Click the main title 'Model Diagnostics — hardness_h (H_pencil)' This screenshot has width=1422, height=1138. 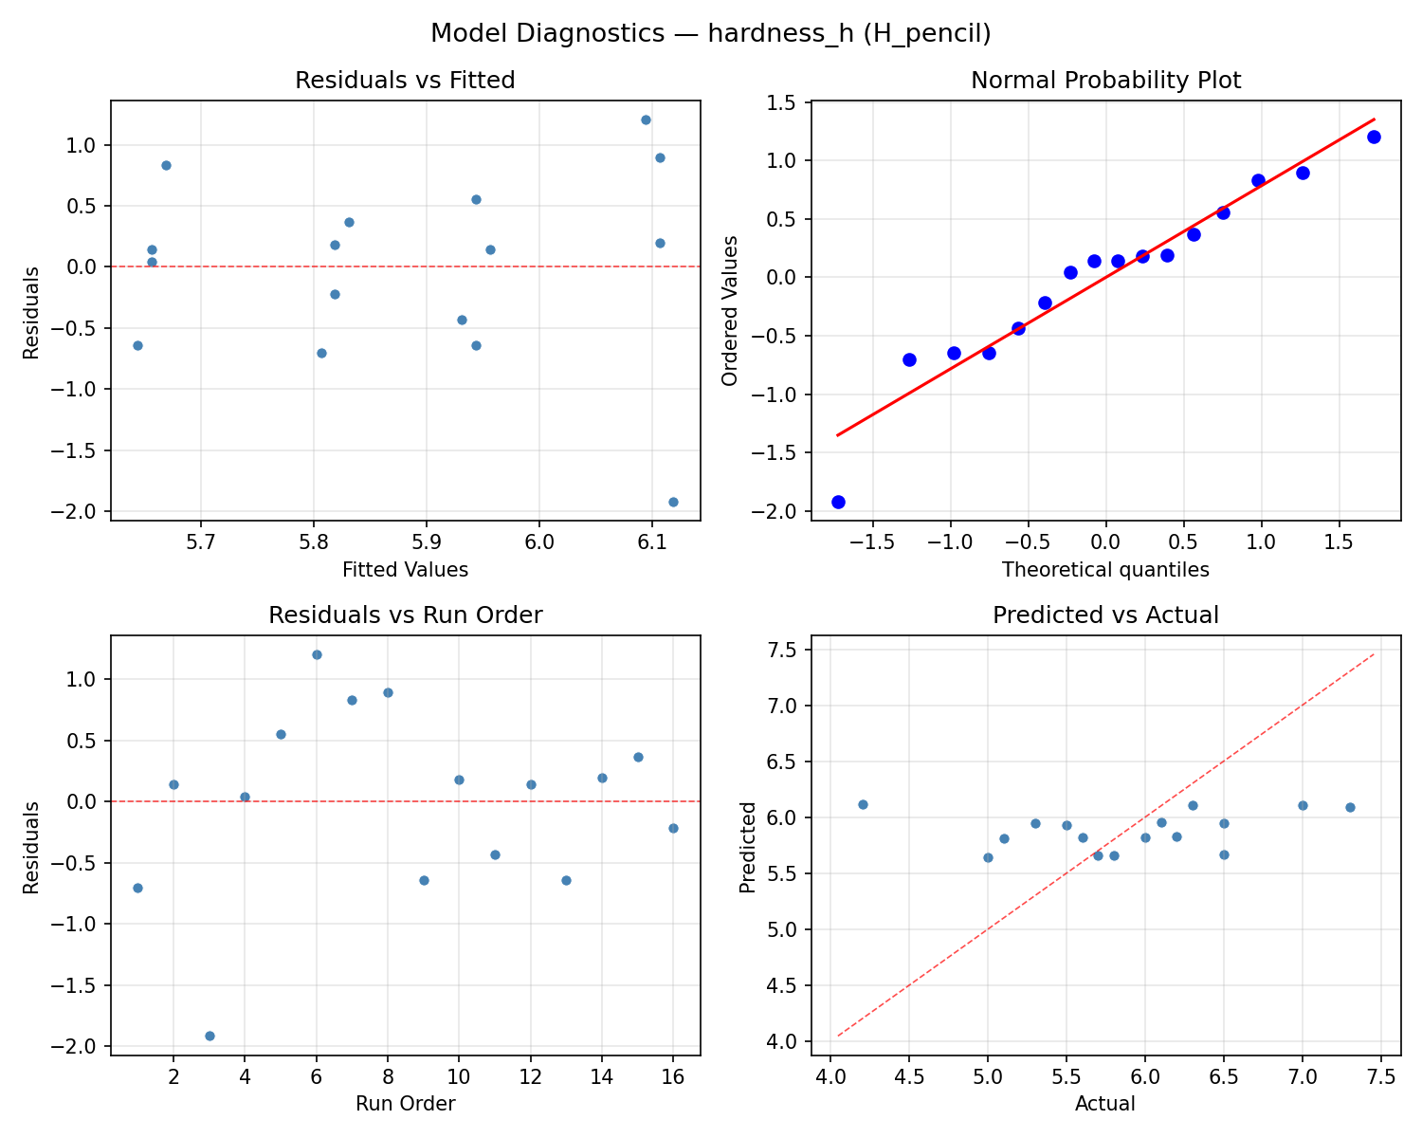(710, 33)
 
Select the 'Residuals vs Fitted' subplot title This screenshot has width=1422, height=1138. (405, 81)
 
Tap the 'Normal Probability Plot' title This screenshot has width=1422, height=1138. (1105, 81)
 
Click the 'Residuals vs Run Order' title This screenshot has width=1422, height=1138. (405, 615)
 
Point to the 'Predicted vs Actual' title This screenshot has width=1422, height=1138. (1105, 615)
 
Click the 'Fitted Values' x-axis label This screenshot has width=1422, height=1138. (405, 570)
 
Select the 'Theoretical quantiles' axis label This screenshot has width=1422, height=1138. (1105, 570)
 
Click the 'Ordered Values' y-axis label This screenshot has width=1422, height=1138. (729, 310)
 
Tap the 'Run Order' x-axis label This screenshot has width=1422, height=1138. (405, 1104)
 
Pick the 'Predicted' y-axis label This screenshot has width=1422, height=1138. (748, 846)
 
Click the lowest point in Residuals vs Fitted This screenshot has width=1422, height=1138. (673, 502)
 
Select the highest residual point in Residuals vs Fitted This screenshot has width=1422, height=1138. (646, 119)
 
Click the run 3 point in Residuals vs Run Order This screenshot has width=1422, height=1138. (210, 1036)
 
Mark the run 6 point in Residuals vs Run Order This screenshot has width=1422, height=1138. (317, 654)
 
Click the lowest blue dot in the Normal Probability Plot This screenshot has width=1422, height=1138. (838, 502)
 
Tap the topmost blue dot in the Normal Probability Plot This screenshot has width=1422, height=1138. (1374, 137)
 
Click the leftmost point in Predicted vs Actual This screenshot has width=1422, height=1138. (863, 804)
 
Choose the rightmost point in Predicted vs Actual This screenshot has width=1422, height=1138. (1350, 807)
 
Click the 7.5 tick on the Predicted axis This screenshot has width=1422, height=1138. (785, 650)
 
